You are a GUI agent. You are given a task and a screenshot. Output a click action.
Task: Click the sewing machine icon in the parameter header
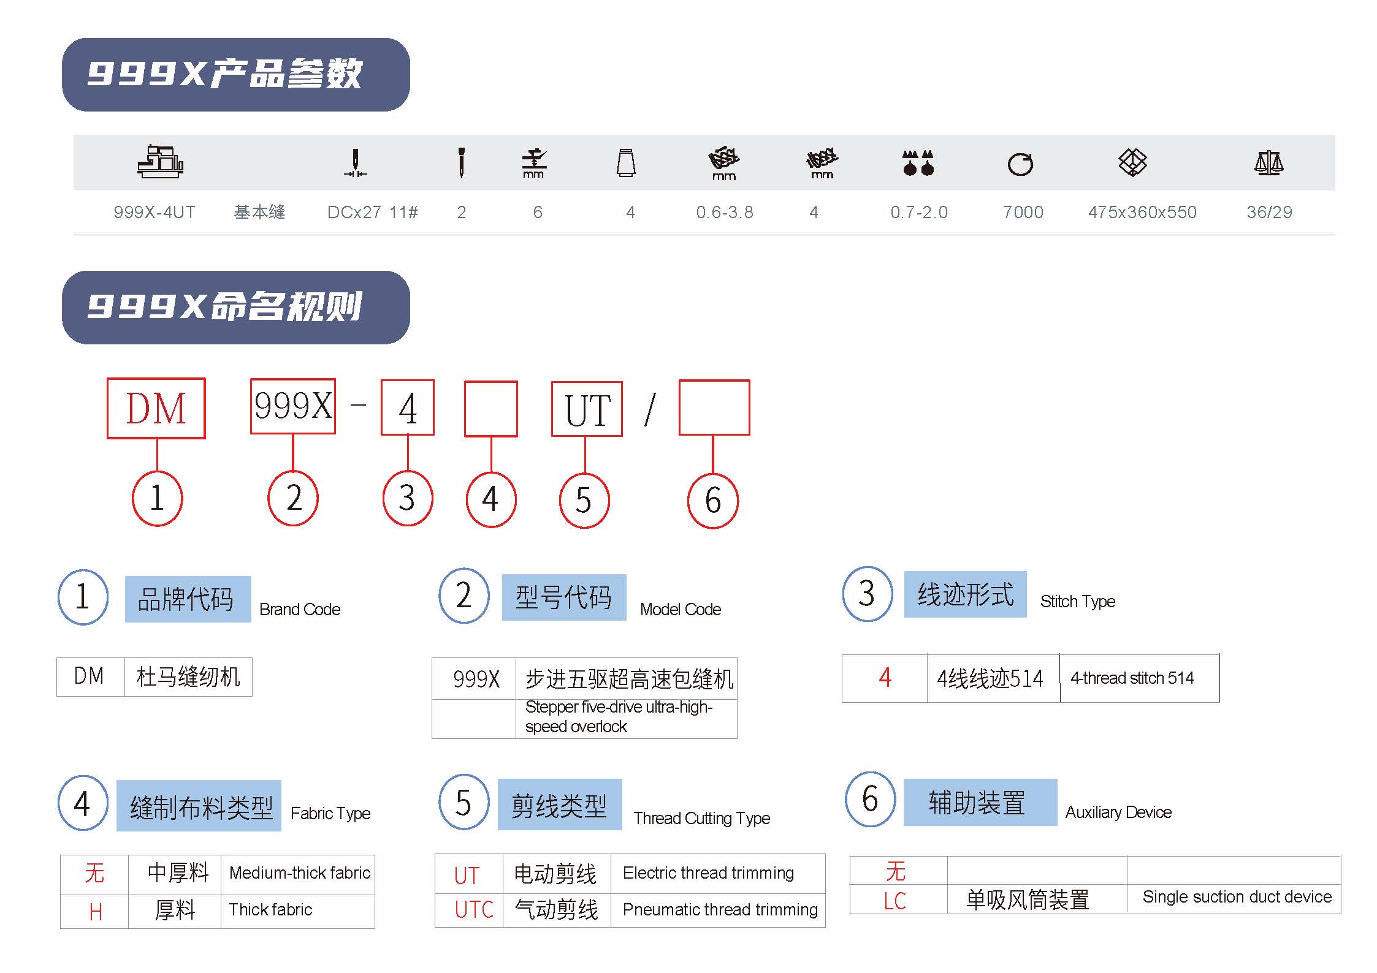point(160,162)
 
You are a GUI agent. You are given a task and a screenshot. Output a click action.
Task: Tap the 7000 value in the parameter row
point(1023,212)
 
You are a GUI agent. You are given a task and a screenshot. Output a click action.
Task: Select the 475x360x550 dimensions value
point(1142,212)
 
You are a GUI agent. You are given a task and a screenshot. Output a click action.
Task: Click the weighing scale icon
point(1268,163)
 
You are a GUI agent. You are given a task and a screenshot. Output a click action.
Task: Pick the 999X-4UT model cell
point(154,212)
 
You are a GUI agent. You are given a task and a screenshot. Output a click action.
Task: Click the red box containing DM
point(156,408)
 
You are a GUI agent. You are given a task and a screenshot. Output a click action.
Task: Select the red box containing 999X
point(293,406)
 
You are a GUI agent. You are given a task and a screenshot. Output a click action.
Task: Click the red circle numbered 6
point(713,500)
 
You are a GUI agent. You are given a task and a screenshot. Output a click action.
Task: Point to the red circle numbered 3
point(408,498)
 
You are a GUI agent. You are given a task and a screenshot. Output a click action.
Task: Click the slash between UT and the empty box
point(650,409)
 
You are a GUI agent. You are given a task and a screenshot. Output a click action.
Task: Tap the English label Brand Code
point(300,609)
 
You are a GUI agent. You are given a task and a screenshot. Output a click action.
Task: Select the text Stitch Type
point(1077,601)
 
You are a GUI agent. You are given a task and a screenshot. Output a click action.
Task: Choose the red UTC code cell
point(474,910)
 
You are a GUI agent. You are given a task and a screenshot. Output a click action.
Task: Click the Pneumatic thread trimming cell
point(720,910)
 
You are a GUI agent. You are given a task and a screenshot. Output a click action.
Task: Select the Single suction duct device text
point(1237,897)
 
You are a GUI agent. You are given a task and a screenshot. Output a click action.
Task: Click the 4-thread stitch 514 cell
point(1132,678)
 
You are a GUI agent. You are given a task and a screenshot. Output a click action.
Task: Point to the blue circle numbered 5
point(464,802)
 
